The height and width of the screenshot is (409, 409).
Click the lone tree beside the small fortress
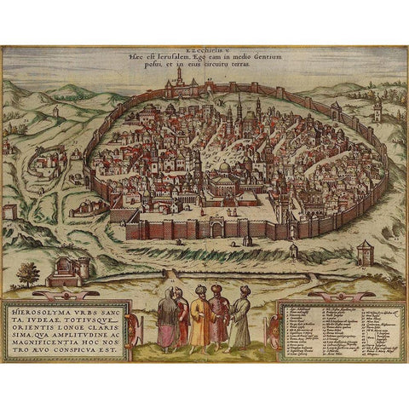point(28,273)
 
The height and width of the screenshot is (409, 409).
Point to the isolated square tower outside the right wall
point(364,251)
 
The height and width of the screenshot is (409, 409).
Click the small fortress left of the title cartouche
point(68,271)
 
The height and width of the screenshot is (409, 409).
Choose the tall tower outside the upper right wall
point(376,106)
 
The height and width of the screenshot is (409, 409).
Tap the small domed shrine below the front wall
point(293,250)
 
